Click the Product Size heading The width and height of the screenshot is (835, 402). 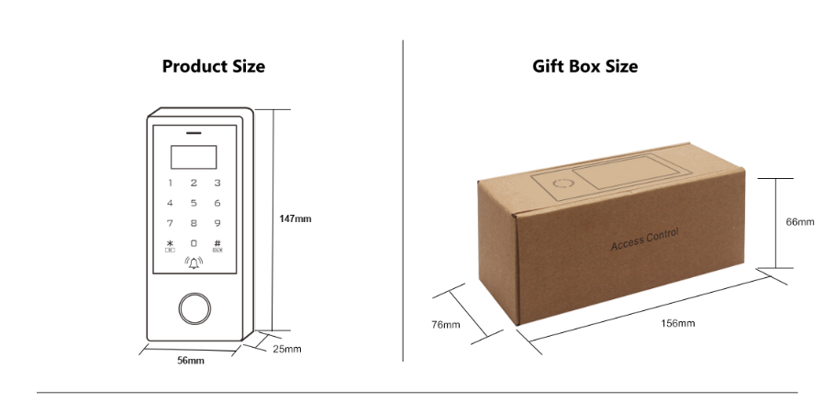click(x=214, y=67)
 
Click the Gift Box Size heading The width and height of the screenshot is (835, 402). click(x=584, y=67)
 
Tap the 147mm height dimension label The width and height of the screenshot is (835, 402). click(x=295, y=218)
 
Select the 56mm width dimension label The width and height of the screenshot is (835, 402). click(x=191, y=361)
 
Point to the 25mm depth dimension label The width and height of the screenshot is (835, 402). click(x=287, y=350)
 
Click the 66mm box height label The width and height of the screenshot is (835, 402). click(x=800, y=222)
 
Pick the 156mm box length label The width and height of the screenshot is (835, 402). click(x=678, y=323)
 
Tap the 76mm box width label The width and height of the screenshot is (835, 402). click(x=446, y=324)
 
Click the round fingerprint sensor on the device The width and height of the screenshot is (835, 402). click(x=195, y=308)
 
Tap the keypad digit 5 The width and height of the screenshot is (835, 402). click(x=194, y=203)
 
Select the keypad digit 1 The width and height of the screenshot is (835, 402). click(x=171, y=183)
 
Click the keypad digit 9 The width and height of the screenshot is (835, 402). click(x=217, y=223)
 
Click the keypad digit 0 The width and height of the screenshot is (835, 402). click(x=194, y=243)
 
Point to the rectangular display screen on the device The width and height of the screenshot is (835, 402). click(x=194, y=157)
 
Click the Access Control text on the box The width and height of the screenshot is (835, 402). click(x=644, y=240)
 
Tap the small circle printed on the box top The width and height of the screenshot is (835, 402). click(x=562, y=184)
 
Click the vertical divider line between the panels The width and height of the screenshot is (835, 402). click(x=403, y=201)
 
